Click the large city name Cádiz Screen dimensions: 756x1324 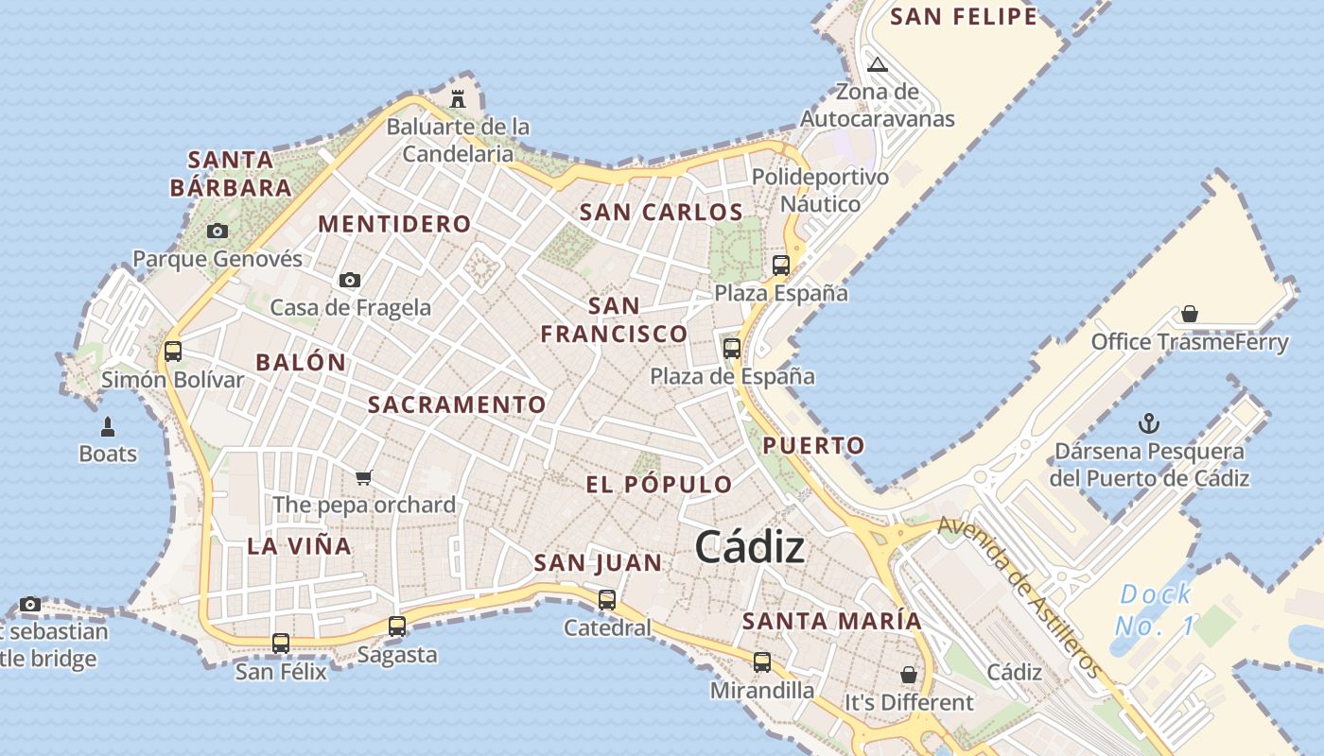750,548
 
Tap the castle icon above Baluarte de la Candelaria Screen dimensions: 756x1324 459,98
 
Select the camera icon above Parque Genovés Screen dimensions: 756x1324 218,231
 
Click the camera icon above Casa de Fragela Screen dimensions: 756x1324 350,280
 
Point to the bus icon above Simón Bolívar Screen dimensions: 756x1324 173,352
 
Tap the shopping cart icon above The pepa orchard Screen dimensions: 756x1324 364,477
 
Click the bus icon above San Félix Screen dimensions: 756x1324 281,644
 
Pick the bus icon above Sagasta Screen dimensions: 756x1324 397,626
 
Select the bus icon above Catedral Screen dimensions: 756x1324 607,599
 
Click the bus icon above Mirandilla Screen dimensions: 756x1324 762,661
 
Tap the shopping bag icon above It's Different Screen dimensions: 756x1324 909,675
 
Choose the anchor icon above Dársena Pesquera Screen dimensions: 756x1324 1149,423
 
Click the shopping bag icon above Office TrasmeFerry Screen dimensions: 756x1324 1190,314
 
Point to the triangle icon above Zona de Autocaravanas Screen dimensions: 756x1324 878,65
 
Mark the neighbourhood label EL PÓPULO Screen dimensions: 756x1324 659,485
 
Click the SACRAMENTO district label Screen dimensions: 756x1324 457,405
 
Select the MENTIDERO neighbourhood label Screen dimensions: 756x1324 394,224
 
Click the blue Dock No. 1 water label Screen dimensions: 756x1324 1154,610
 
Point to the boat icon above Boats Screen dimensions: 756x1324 108,427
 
